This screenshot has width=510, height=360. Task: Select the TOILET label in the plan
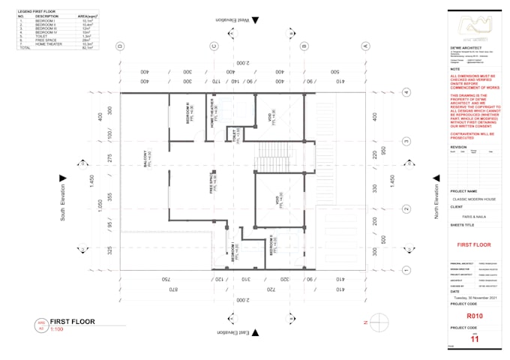[236, 136]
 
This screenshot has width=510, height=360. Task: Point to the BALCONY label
[147, 157]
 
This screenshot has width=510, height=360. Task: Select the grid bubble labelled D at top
[119, 46]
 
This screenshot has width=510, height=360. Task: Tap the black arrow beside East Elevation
[255, 331]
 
